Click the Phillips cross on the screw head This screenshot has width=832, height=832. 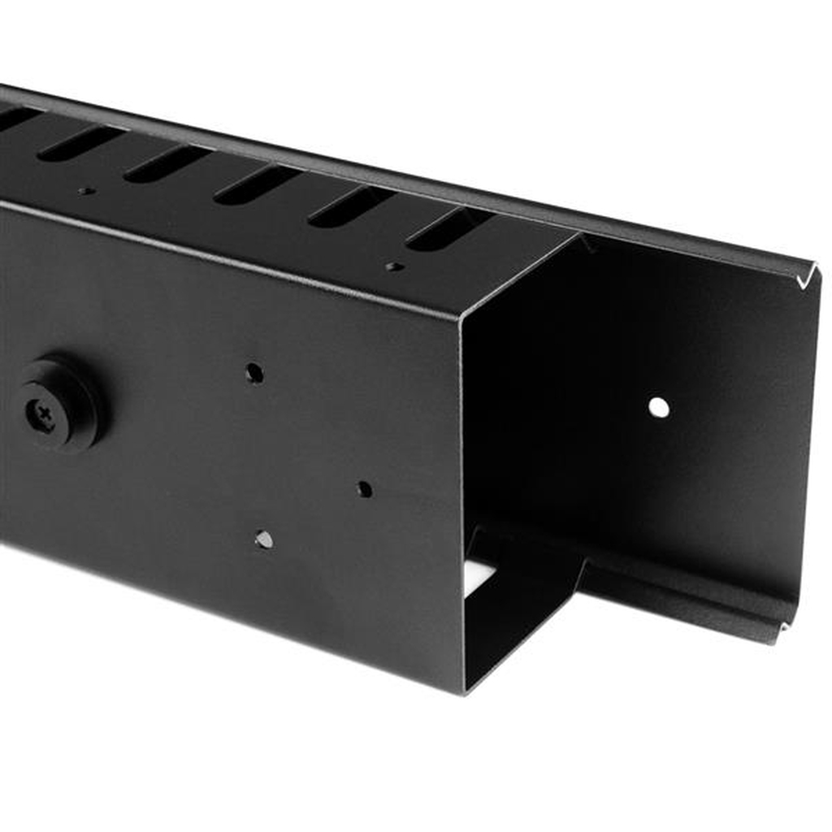pos(41,415)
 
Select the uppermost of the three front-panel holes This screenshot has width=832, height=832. pos(254,373)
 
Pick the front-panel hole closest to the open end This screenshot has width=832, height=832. pos(365,489)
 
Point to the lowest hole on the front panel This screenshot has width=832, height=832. pos(263,539)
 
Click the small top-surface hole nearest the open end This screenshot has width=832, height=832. pos(394,266)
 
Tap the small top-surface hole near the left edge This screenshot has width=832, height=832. pos(85,191)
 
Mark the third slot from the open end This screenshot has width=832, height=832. pos(257,184)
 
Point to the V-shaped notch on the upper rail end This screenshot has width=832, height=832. pos(804,279)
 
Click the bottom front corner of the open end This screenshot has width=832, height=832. pos(465,691)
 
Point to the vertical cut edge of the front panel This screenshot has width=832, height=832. pos(461,504)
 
